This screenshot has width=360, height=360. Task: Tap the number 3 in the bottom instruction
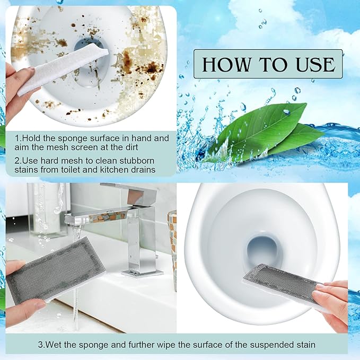39,345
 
